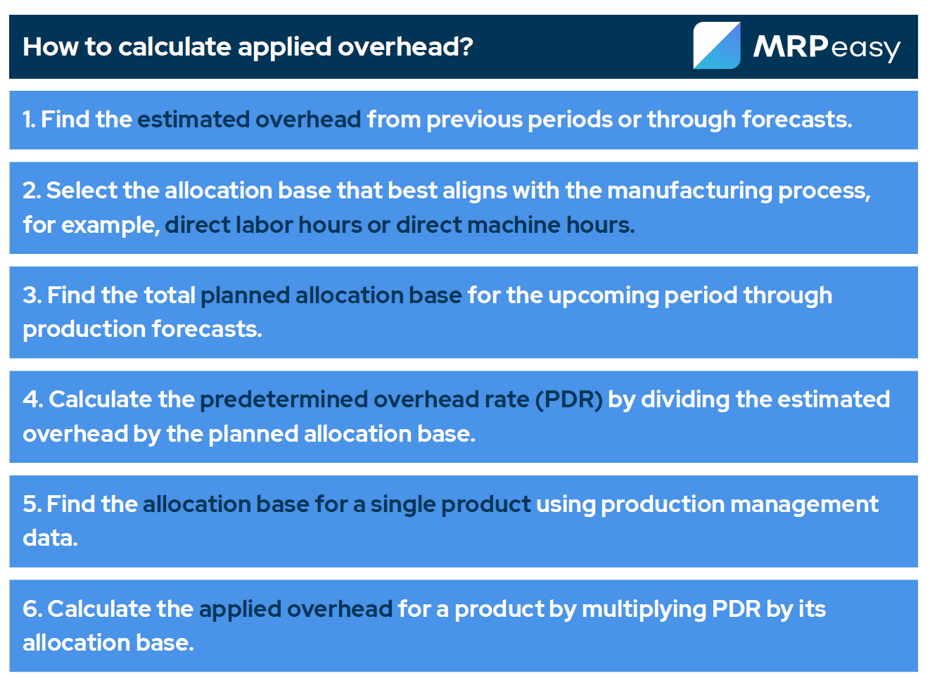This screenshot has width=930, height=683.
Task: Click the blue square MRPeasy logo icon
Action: (716, 46)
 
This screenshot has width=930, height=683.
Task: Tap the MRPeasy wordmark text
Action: (826, 47)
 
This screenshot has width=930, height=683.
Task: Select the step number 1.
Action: (28, 120)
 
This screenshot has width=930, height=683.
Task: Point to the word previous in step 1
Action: (474, 120)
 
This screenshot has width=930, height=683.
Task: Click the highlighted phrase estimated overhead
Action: (249, 120)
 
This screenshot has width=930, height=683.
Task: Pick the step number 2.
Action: (31, 191)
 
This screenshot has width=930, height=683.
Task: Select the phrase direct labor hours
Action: (263, 225)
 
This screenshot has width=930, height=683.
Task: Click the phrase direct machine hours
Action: (515, 225)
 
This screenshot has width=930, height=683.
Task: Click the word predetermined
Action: (284, 400)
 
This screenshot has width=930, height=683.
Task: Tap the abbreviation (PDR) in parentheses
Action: (568, 400)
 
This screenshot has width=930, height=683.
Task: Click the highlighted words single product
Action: (450, 504)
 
